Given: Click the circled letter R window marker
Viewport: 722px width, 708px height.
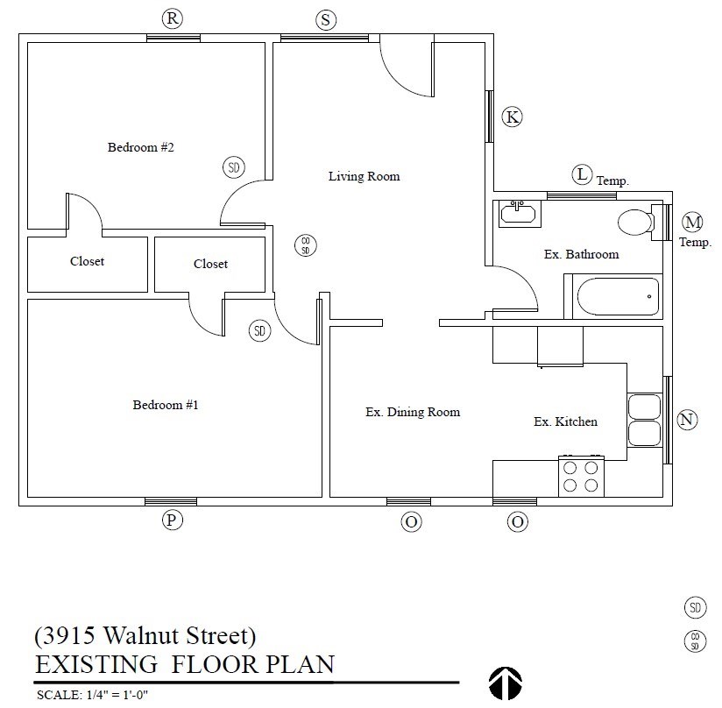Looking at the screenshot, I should (173, 18).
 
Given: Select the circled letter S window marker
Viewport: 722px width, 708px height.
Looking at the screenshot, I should (326, 19).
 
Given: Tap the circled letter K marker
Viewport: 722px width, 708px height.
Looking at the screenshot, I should (513, 117).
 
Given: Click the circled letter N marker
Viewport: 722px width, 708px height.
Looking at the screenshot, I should (688, 420).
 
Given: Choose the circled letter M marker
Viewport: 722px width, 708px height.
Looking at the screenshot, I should (693, 222).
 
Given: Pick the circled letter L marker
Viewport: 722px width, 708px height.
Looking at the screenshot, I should (582, 174).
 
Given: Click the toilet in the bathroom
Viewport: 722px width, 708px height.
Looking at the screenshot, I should (637, 223).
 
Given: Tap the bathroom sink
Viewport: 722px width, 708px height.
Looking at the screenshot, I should (520, 213).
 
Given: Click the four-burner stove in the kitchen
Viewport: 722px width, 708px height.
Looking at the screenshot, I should (581, 477).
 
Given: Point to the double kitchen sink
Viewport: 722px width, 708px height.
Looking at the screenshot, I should (644, 421).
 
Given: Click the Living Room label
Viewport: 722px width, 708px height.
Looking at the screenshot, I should (364, 176).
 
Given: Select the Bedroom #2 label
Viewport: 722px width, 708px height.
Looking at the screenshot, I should (141, 147).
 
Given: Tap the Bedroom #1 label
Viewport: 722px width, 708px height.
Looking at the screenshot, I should (166, 405).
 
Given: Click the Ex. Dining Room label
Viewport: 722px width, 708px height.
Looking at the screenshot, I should (412, 412).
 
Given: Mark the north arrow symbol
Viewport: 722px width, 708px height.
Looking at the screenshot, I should (505, 683).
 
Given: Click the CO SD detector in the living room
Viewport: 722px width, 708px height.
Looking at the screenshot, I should (306, 245).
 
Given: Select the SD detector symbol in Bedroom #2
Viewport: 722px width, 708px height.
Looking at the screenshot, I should (233, 167).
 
